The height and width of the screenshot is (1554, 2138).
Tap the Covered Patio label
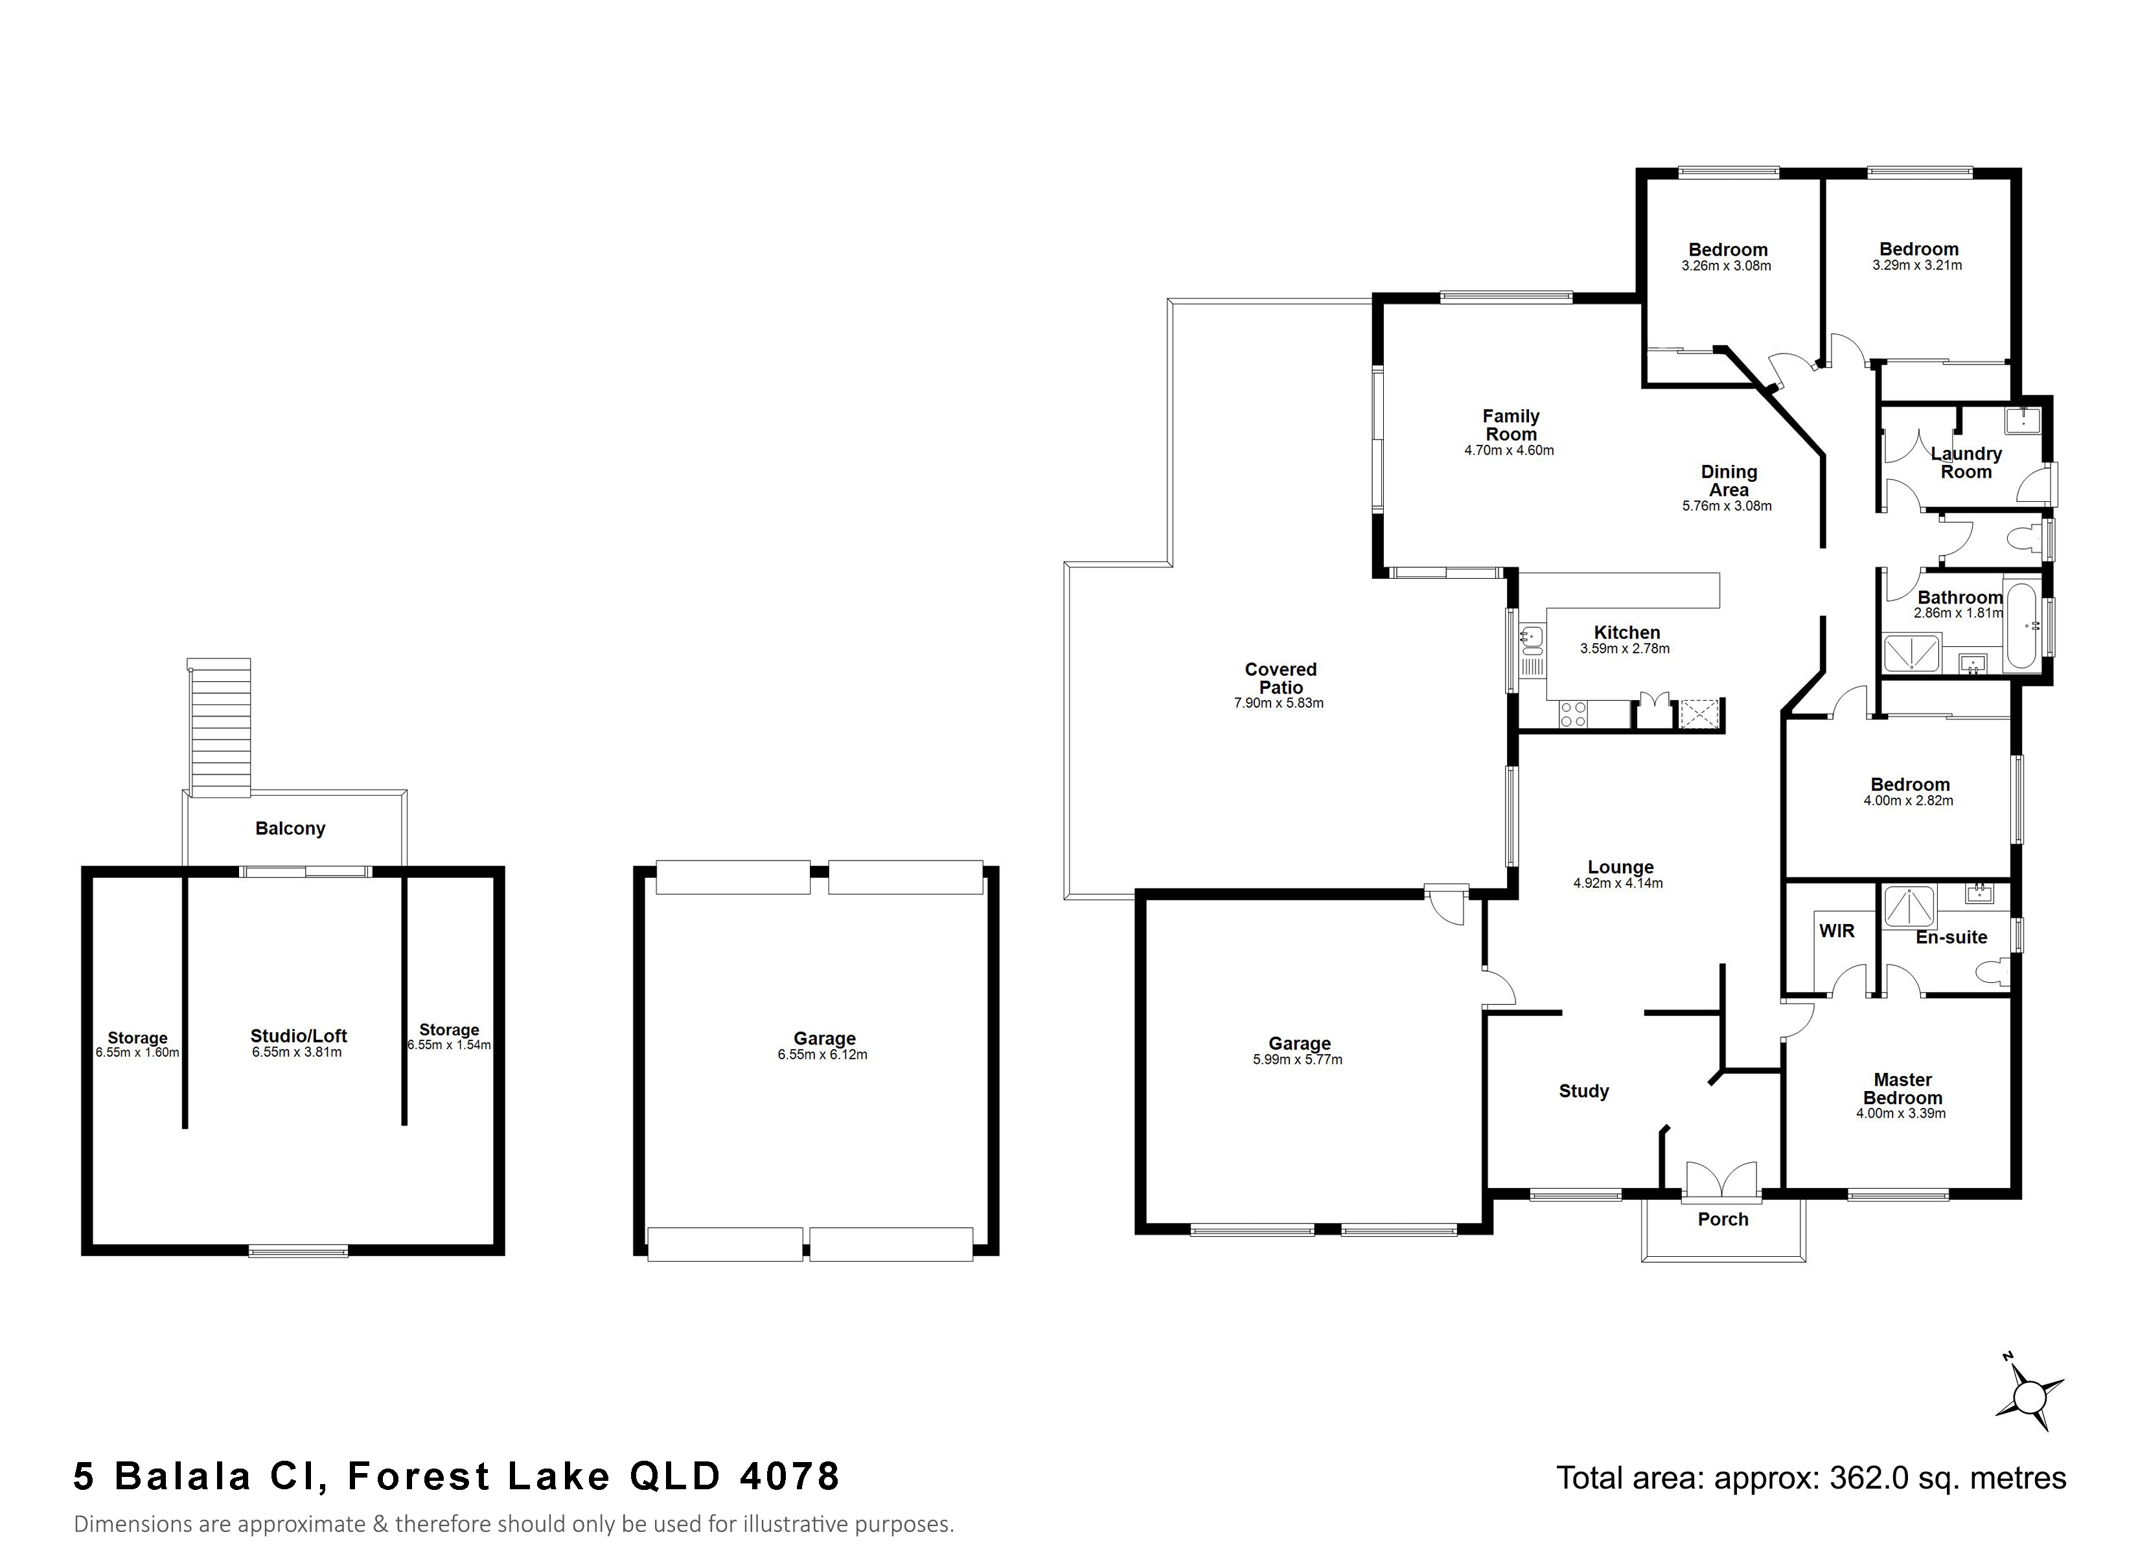pos(1280,679)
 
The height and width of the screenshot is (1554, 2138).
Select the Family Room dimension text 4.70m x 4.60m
pos(1509,451)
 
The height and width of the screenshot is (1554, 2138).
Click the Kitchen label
pos(1627,633)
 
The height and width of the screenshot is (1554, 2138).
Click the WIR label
pos(1836,931)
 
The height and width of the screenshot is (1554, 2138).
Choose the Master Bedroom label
pos(1902,1088)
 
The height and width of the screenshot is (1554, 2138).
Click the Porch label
pos(1723,1219)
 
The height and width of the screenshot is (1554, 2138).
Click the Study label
pos(1583,1091)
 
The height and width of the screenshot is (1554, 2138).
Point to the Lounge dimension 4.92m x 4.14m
pos(1618,884)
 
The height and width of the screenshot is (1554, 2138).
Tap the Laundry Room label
pos(1966,463)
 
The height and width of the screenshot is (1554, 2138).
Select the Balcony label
pos(290,828)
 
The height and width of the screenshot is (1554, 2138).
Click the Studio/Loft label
pos(299,1036)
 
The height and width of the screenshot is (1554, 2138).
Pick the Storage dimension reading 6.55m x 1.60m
pos(137,1053)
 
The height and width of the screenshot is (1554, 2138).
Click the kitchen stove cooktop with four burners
pos(1573,714)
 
